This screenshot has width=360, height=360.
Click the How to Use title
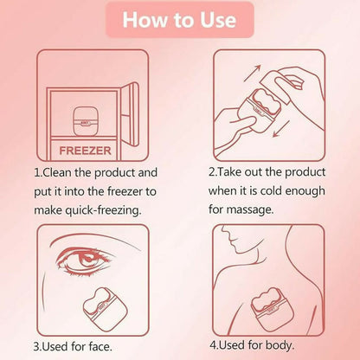179,20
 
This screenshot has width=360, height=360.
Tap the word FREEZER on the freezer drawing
85,151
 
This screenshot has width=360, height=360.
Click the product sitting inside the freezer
85,121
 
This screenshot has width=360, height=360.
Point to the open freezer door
130,113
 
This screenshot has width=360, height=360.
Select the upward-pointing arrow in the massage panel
252,74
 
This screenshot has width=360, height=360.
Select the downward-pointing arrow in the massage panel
281,129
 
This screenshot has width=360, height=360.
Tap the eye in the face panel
86,258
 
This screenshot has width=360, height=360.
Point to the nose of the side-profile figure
224,231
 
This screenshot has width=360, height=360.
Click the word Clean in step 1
58,172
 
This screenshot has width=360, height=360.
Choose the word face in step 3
100,346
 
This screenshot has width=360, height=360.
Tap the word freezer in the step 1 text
125,191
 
